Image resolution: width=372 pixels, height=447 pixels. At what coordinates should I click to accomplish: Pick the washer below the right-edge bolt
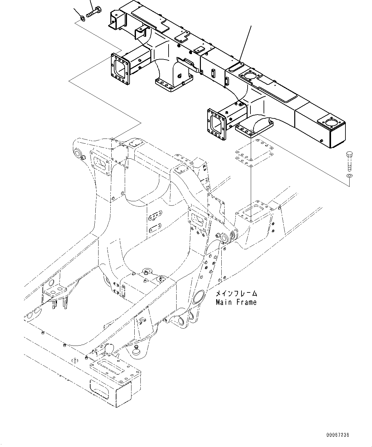[349, 177]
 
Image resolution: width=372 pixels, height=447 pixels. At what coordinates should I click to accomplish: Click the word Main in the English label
[224, 302]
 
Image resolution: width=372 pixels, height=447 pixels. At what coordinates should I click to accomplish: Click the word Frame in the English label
[247, 302]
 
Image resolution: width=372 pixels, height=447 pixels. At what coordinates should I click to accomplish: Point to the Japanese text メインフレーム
[236, 293]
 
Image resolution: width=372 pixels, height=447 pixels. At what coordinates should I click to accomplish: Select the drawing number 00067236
[337, 435]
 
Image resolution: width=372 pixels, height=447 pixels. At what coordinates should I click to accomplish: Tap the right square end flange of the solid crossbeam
[217, 124]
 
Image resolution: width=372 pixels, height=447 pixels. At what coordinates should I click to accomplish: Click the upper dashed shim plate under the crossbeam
[254, 150]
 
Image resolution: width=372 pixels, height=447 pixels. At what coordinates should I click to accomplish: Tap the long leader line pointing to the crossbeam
[245, 43]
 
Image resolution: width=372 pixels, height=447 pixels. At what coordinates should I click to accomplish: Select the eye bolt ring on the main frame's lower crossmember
[147, 271]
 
